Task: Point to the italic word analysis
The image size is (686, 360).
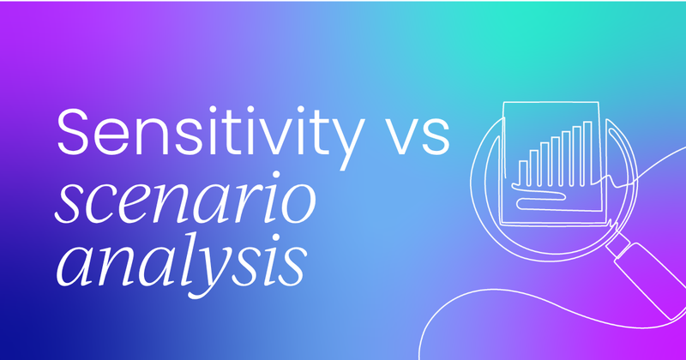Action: pyautogui.click(x=181, y=261)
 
